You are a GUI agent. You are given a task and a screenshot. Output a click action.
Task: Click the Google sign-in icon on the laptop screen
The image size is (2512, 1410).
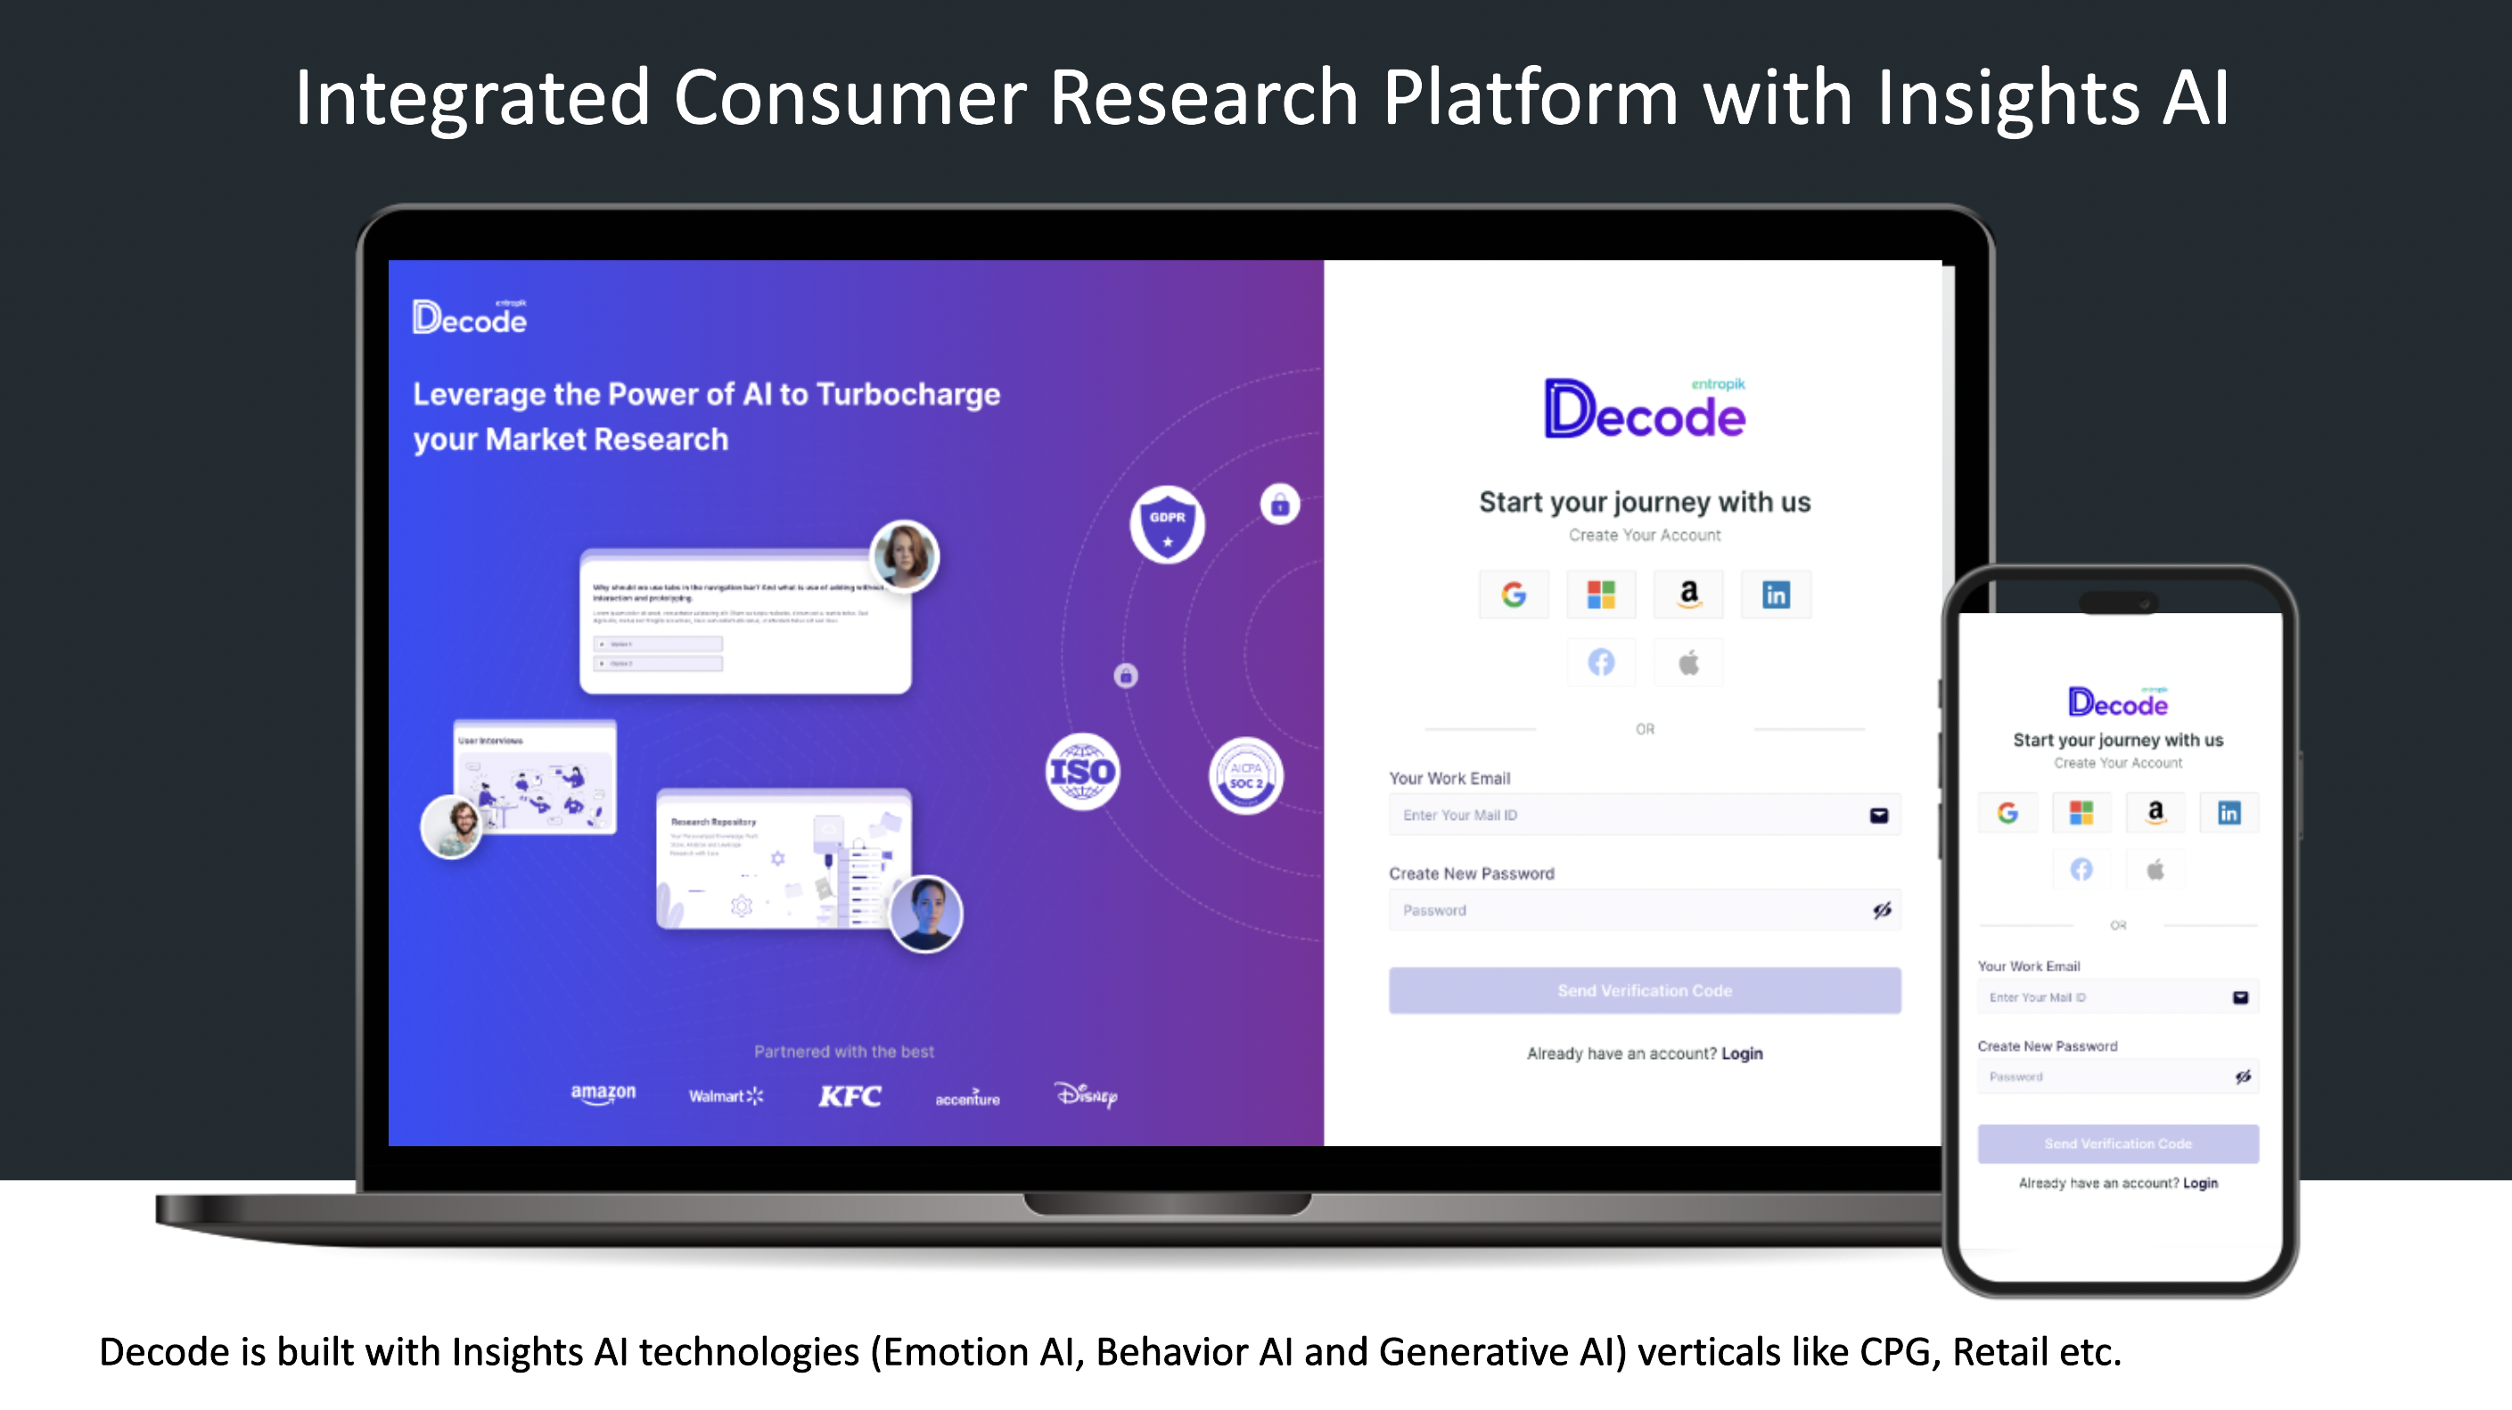[1514, 594]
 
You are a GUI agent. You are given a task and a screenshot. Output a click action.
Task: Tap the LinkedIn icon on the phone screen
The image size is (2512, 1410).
[2229, 813]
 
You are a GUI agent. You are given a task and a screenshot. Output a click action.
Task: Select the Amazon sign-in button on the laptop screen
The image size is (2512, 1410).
[1689, 594]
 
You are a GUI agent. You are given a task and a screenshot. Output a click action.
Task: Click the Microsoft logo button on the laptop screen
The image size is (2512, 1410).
[1601, 594]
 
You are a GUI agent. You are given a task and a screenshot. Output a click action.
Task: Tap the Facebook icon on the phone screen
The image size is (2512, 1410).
[2081, 869]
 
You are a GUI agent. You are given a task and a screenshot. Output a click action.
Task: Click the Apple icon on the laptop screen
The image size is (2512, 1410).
[1689, 663]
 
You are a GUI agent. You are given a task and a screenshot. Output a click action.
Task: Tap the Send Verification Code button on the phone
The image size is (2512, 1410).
[2118, 1144]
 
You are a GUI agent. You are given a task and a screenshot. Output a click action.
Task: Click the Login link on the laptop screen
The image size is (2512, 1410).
[1742, 1053]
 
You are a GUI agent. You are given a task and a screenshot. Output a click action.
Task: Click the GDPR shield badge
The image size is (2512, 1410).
[1167, 524]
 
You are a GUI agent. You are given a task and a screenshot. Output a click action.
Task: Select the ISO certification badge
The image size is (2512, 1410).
[1082, 772]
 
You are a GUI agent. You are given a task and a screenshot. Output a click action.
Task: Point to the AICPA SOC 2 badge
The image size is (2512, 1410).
[1245, 776]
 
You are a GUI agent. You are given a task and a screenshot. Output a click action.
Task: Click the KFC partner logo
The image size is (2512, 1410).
[850, 1097]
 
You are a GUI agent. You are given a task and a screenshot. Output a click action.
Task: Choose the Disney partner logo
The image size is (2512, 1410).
[1087, 1095]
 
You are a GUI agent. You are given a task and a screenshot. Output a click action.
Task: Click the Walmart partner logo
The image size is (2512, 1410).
[726, 1097]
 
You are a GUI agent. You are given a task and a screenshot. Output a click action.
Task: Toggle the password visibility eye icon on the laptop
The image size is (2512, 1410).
[1881, 911]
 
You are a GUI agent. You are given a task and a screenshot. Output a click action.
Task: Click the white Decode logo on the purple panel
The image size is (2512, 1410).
[470, 318]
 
